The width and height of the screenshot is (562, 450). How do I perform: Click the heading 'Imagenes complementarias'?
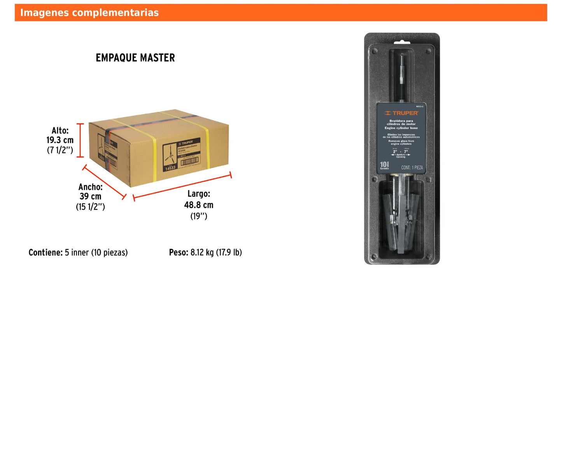pos(89,13)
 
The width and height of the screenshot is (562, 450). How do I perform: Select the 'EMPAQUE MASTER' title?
pos(135,58)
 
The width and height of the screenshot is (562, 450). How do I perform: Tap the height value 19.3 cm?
pos(60,140)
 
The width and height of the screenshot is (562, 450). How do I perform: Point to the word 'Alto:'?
pos(60,130)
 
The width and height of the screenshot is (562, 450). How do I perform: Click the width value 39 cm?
pos(90,197)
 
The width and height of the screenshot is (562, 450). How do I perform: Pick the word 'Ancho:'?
pos(90,187)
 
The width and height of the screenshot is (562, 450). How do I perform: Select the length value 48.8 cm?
pos(199,205)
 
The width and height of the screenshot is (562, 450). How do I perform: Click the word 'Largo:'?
pos(199,194)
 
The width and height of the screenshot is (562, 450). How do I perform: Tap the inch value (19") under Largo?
pos(199,216)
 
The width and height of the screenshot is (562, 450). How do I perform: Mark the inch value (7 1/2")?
pos(60,150)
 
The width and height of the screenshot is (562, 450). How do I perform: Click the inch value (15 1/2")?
pos(90,207)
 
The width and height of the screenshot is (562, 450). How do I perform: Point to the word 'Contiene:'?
pos(46,253)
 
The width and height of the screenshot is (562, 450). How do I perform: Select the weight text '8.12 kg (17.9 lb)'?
pos(216,253)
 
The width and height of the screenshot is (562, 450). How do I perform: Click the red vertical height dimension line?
pos(80,141)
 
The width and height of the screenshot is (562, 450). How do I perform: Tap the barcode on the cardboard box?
pos(189,161)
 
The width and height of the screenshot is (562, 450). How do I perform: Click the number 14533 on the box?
pos(170,168)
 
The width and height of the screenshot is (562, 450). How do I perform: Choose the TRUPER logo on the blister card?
pos(401,113)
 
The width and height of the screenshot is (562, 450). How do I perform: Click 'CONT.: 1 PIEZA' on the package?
pos(412,168)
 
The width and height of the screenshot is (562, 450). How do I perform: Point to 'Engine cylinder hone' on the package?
pos(401,128)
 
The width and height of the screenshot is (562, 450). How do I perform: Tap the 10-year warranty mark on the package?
pos(384,165)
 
